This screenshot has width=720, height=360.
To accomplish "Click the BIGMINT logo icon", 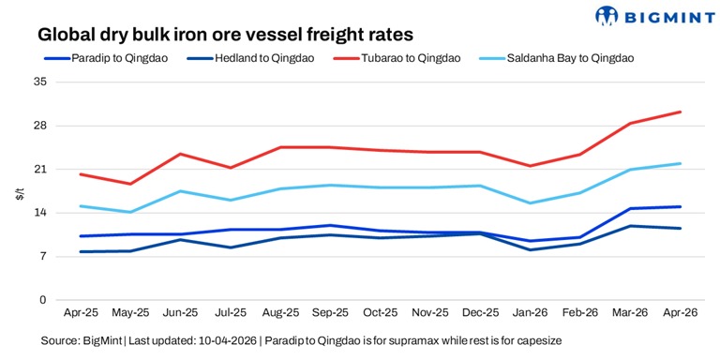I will pyautogui.click(x=608, y=16).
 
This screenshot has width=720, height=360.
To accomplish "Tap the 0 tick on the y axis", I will pyautogui.click(x=42, y=300).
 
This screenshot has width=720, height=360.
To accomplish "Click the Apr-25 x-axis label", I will pyautogui.click(x=81, y=313).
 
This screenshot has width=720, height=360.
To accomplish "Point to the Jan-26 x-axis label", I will pyautogui.click(x=531, y=313).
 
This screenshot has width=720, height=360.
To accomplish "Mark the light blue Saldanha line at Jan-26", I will pyautogui.click(x=531, y=203).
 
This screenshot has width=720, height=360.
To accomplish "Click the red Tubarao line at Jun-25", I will pyautogui.click(x=180, y=154).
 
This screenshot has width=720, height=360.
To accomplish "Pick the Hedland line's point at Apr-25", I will pyautogui.click(x=81, y=251).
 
